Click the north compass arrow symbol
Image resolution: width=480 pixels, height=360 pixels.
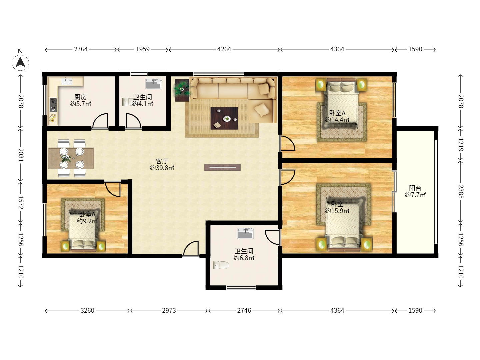[20, 63]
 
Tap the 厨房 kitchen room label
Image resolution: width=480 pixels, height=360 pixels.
[80, 97]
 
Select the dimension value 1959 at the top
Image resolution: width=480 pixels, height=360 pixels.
[143, 49]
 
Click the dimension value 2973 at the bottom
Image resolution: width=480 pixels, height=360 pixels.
[169, 310]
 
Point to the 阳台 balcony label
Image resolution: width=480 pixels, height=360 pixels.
[415, 188]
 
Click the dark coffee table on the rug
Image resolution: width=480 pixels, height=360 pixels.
[224, 118]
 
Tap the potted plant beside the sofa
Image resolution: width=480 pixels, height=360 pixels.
[182, 90]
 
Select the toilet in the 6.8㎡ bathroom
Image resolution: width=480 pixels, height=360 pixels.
[221, 265]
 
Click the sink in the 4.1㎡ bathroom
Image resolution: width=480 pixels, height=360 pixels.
[154, 84]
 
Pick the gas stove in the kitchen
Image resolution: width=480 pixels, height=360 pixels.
[53, 104]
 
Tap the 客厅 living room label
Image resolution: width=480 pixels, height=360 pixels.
[162, 161]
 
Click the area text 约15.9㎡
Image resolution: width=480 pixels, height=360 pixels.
[337, 210]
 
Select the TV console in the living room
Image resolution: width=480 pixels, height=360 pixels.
[222, 167]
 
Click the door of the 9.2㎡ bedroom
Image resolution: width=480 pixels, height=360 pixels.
[113, 189]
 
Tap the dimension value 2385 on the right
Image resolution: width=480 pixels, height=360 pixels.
[460, 192]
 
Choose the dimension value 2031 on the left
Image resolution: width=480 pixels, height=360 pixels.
[21, 155]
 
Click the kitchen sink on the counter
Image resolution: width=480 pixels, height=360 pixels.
[66, 81]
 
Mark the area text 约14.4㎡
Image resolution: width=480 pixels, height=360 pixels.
[337, 120]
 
